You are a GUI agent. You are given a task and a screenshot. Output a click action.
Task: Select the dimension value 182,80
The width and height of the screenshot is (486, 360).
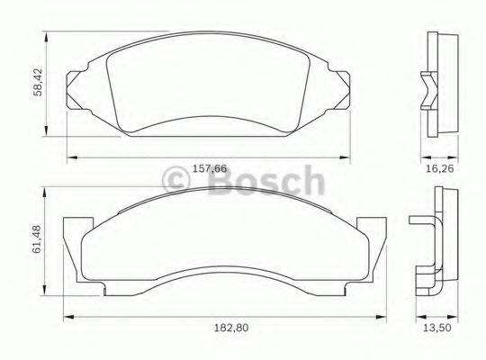221,330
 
